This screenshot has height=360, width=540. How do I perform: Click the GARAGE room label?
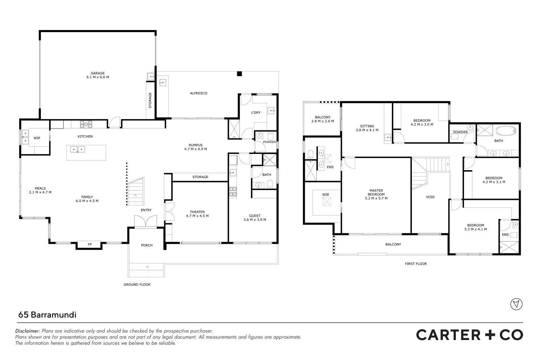coord(98,73)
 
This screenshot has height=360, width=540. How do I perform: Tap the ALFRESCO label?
coord(198,93)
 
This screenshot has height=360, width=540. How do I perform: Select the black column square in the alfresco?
coord(239,74)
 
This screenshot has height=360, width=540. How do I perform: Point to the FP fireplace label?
coord(90,244)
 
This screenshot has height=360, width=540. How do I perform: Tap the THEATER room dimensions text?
coord(197,216)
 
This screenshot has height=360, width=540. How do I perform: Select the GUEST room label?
coord(255,216)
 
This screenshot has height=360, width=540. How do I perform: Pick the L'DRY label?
coord(255,112)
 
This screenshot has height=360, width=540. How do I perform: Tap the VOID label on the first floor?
coord(430,197)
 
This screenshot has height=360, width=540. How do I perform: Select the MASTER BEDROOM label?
coord(376,192)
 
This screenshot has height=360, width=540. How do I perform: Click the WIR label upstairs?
coord(325,195)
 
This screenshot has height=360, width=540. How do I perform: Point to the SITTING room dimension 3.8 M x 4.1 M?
coord(367,130)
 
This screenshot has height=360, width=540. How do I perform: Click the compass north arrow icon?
coord(516,304)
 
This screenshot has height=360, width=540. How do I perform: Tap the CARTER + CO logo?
coord(469,335)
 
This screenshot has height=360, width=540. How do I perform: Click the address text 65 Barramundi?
coord(47,315)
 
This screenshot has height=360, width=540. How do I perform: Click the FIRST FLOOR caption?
coord(416,264)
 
